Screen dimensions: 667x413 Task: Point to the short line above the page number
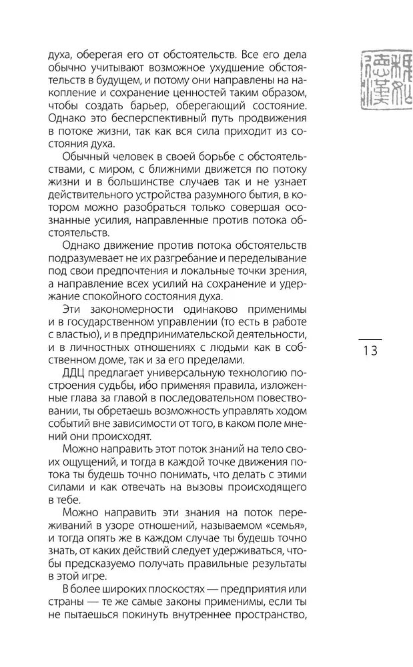(x=370, y=340)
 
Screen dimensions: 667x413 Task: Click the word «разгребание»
(x=172, y=258)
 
